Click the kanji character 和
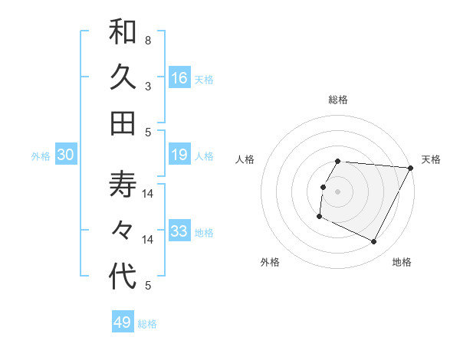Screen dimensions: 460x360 click(x=123, y=33)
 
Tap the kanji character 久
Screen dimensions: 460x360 click(x=123, y=77)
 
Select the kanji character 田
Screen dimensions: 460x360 click(x=123, y=123)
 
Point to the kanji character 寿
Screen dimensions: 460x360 click(x=123, y=185)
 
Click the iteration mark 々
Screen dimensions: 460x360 click(x=123, y=230)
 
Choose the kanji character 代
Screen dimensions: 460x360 click(x=123, y=277)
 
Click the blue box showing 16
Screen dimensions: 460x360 click(x=179, y=78)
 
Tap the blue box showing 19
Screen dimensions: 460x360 click(x=179, y=155)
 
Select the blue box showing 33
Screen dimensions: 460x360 click(x=179, y=231)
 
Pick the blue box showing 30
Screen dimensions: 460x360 click(x=66, y=155)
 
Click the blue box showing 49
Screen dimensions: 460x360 click(x=123, y=322)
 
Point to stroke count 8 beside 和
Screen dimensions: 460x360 click(x=147, y=40)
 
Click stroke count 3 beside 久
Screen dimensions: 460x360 click(x=147, y=86)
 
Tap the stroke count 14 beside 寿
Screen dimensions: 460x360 click(x=148, y=193)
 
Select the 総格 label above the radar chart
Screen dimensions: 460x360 click(x=338, y=100)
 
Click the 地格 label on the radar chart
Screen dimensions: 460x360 click(x=402, y=262)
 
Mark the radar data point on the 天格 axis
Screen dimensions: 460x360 click(x=411, y=168)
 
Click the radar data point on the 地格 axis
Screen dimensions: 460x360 click(x=374, y=242)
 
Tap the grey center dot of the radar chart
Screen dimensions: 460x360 click(x=338, y=191)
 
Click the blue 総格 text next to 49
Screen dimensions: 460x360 click(x=147, y=324)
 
